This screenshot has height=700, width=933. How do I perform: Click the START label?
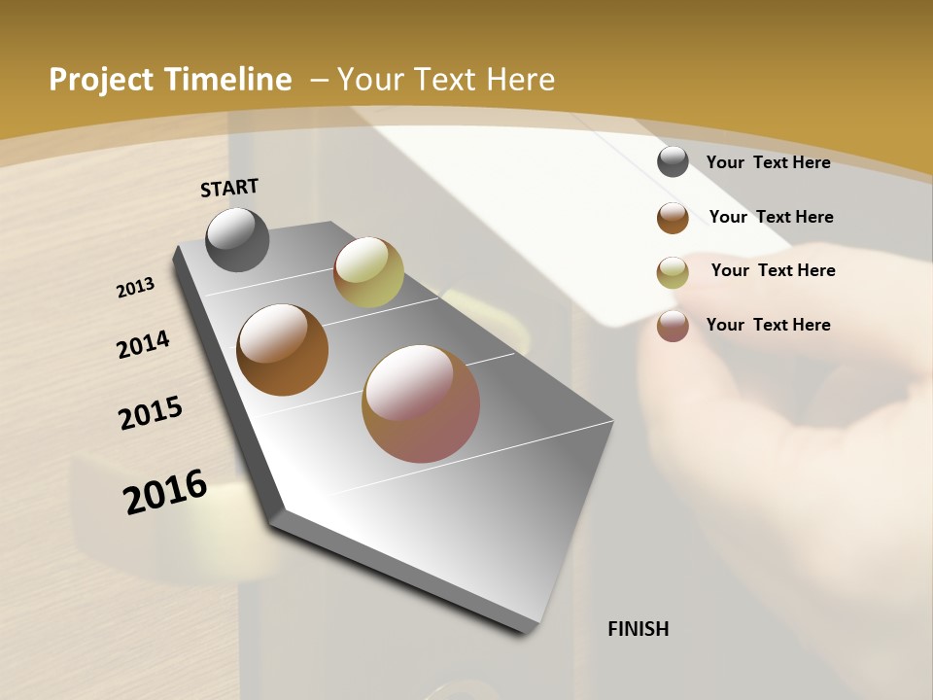(229, 187)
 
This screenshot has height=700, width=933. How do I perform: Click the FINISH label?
(638, 629)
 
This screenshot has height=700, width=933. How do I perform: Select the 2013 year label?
(136, 288)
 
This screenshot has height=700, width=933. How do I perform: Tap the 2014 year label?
(143, 344)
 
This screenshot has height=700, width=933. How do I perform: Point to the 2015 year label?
(151, 413)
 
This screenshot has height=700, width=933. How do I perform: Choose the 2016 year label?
(165, 492)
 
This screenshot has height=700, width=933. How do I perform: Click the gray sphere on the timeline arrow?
(237, 239)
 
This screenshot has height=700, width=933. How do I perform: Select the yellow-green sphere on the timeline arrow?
(368, 272)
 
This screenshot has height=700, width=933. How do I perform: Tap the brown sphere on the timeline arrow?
(283, 349)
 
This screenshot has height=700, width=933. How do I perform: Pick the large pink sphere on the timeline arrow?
(421, 402)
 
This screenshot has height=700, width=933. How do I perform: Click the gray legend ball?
(673, 161)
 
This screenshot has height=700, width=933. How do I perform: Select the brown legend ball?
(673, 218)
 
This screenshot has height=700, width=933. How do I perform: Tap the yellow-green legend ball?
(673, 272)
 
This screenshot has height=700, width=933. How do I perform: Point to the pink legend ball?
(673, 326)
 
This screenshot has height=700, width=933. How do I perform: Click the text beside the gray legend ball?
(768, 162)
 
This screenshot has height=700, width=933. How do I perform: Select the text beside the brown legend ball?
(771, 217)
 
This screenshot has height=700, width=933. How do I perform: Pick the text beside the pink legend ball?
(768, 325)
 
